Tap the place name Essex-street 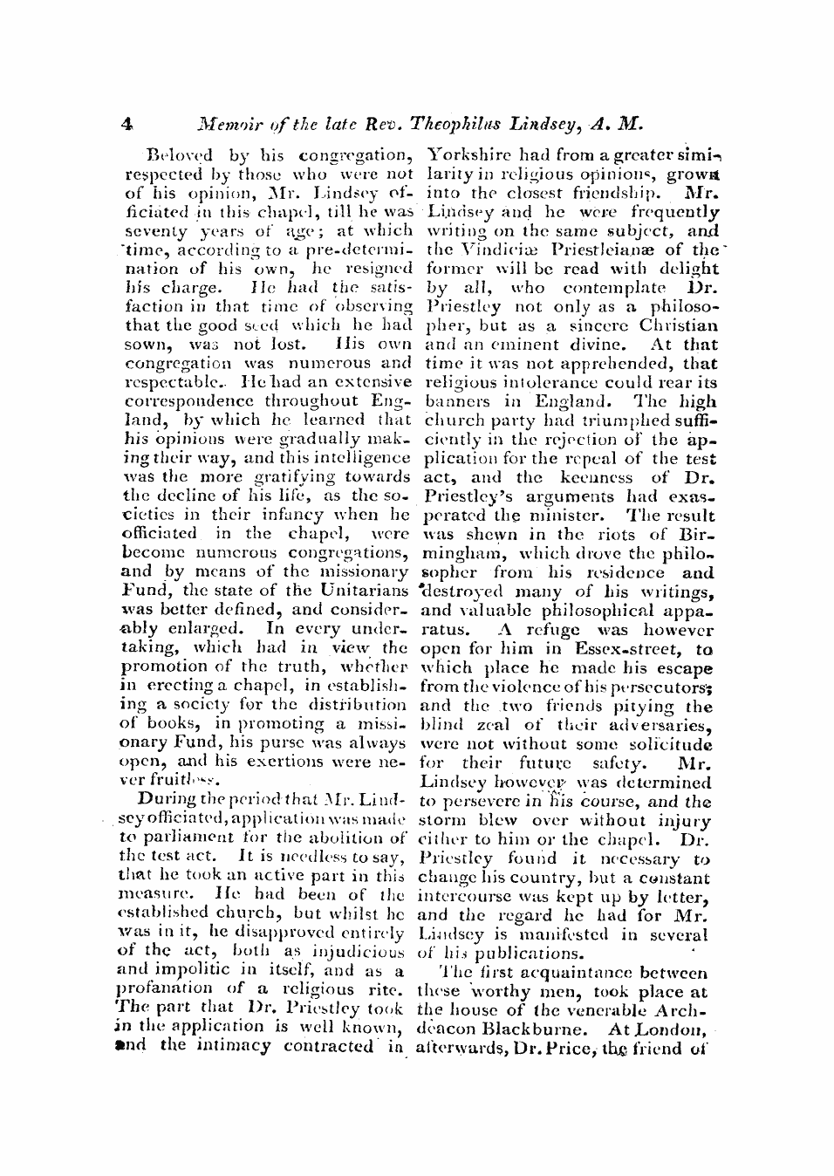pos(630,649)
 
